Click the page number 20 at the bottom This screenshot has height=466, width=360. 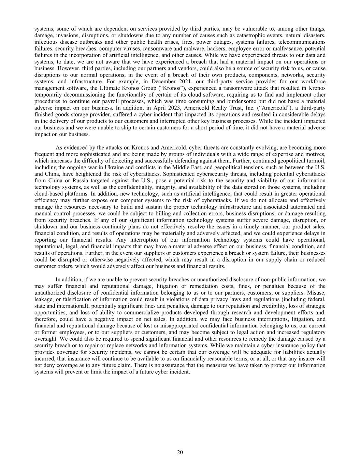pos(180,452)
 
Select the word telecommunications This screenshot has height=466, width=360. pos(299,42)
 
